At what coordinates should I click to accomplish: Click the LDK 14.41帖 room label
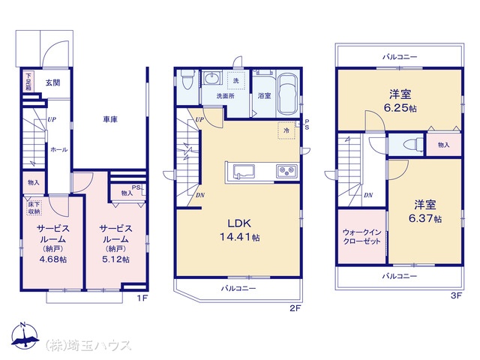coord(240,230)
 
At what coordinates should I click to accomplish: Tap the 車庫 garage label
coord(110,119)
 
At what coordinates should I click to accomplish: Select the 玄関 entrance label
coord(53,82)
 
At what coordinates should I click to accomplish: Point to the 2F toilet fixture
coord(186,79)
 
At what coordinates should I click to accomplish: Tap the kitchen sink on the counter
coord(244,172)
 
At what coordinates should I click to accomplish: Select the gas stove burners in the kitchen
coord(286,171)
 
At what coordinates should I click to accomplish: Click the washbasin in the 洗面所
coord(211,78)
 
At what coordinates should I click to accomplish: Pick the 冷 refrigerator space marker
coord(286,130)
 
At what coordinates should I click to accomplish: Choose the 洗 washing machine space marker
coord(236,81)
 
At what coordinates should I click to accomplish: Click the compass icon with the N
coord(25,336)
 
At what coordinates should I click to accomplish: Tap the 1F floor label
coord(142,298)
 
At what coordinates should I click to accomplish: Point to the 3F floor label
coord(456,295)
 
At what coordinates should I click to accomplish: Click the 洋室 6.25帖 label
coord(400,100)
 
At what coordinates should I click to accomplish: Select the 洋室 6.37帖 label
coord(425,211)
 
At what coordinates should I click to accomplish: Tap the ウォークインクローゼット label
coord(361,237)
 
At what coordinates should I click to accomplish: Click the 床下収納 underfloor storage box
coord(34,208)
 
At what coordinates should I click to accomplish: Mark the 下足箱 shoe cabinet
coord(28,81)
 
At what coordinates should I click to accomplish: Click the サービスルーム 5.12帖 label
coord(115,244)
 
